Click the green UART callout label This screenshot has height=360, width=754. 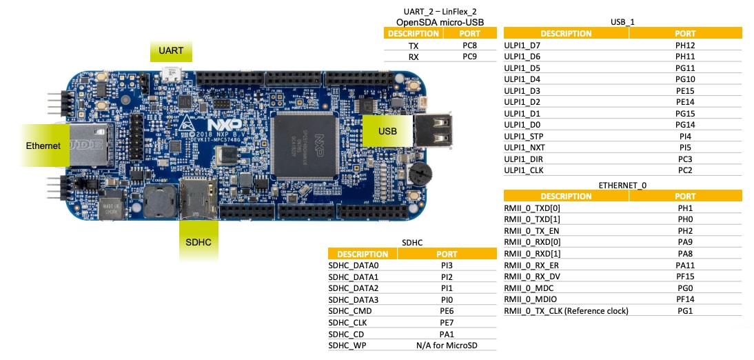(172, 52)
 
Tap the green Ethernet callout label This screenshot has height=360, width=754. (43, 146)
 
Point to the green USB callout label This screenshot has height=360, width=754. (388, 131)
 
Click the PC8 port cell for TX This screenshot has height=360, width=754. (469, 45)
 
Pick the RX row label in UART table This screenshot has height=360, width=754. (414, 57)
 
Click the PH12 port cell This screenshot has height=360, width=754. (684, 45)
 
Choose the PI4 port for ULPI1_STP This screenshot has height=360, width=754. (684, 136)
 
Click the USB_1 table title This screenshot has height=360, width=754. (622, 22)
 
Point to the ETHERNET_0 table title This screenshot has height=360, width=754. (622, 185)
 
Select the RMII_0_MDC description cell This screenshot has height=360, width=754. (529, 288)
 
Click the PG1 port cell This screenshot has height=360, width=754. (684, 310)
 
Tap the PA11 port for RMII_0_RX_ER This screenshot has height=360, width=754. (684, 265)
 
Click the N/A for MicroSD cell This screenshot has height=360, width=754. (447, 344)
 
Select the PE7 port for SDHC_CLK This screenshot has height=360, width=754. (447, 321)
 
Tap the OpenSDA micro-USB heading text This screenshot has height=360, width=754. (440, 22)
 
